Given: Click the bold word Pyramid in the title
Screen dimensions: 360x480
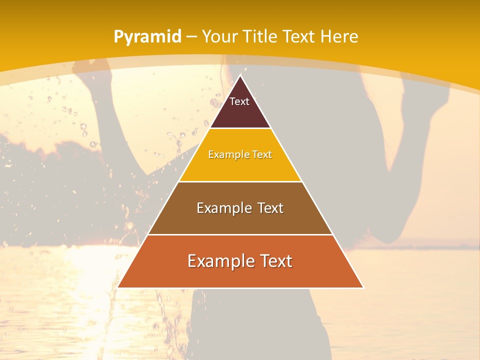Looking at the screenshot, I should click(147, 37).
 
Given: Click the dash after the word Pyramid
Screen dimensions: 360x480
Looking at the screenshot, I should click(191, 37).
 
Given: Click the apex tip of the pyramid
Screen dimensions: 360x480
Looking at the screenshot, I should click(240, 76).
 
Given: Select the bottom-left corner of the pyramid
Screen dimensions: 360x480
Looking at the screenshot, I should click(118, 287).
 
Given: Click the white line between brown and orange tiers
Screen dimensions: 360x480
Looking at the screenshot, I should click(240, 234).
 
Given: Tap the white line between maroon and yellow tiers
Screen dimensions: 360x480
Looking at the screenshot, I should click(240, 128).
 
